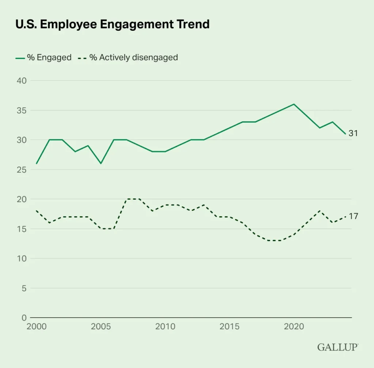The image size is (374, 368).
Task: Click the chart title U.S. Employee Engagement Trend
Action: (112, 24)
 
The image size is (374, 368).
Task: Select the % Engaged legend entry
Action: (43, 57)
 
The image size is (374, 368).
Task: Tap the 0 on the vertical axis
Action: (24, 318)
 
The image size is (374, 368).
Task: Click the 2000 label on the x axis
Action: (37, 326)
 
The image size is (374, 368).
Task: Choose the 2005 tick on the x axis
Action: (101, 326)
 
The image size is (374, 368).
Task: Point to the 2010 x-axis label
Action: (165, 326)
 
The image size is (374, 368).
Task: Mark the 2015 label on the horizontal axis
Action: (229, 326)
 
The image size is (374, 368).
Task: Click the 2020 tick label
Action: (294, 326)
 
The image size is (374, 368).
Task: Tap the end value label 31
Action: (353, 134)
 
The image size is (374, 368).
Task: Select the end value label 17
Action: (353, 217)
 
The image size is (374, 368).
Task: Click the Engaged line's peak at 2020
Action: (294, 104)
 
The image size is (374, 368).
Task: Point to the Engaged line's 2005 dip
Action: (101, 163)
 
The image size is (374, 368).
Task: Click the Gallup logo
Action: (337, 347)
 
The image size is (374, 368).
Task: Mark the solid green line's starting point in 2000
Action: (37, 163)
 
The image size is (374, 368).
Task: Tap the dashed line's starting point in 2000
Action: (37, 211)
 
